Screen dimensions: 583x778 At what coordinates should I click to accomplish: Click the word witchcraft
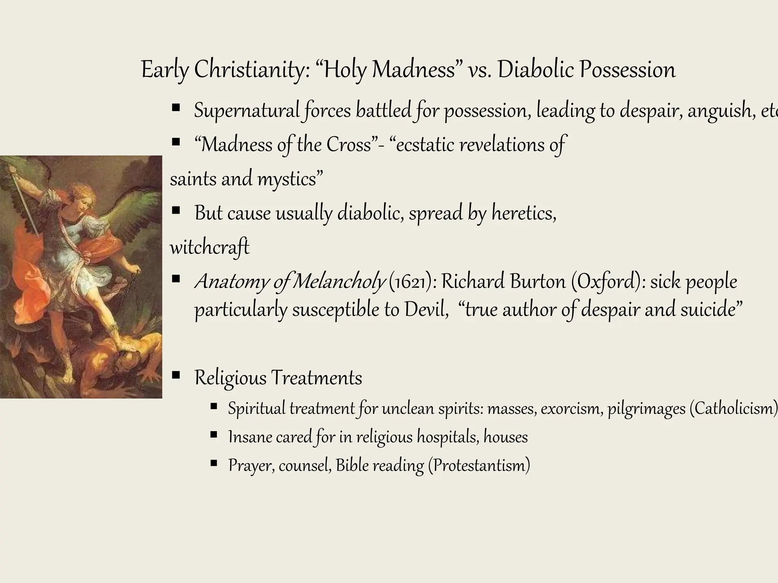coord(209,247)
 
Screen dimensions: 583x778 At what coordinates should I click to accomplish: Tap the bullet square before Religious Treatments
coord(176,376)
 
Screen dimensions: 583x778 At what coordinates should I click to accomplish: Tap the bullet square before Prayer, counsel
coord(213,463)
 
